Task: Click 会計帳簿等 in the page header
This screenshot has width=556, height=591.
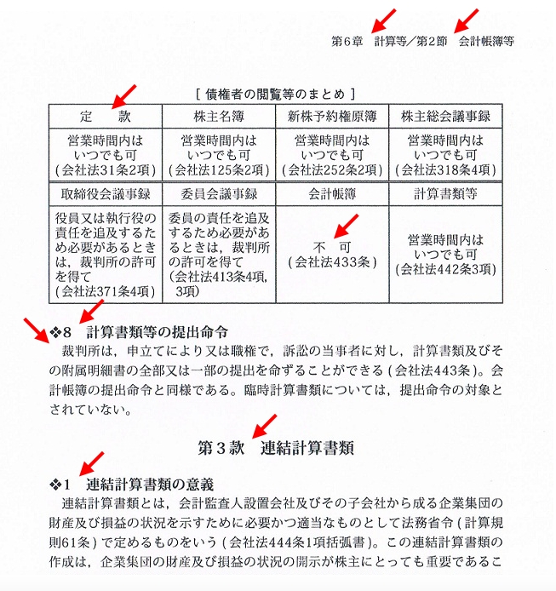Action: click(486, 40)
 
